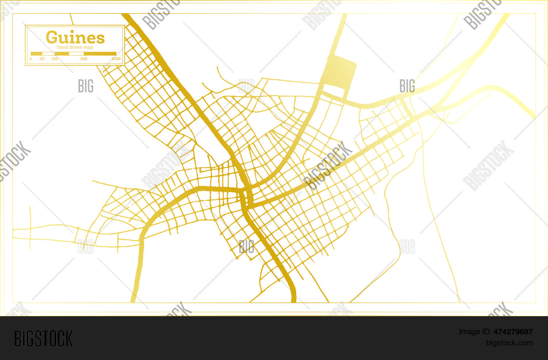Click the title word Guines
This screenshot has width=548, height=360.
coord(75,37)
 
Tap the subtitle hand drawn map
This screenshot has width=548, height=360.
coord(75,47)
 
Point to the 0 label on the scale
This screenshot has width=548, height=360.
coord(31,59)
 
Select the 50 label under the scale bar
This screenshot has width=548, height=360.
coord(42,59)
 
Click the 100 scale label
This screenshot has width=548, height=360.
coord(54,59)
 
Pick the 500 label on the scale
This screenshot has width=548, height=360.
coord(84,59)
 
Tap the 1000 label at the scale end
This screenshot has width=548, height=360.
coord(116,59)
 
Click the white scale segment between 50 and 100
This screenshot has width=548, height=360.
coord(48,54)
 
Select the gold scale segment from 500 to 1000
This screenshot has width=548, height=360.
coord(100,54)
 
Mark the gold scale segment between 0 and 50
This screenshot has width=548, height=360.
coord(37,54)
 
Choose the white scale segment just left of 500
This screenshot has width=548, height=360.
coord(76,54)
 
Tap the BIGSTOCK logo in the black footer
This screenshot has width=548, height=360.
coord(43,338)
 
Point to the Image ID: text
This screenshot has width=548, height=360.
coord(475,332)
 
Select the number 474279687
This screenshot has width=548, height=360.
coord(513,332)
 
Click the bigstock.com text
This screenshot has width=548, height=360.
coord(509,343)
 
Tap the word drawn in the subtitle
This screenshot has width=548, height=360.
coord(76,47)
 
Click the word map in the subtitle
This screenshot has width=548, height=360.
coord(88,47)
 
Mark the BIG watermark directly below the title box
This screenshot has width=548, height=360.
coord(86,86)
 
